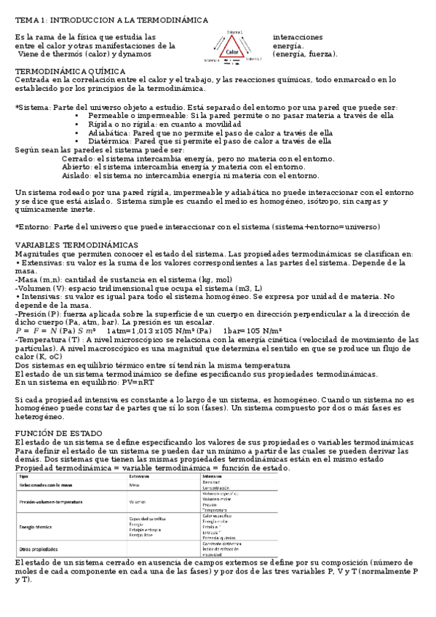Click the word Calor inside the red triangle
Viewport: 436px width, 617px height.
pos(232,52)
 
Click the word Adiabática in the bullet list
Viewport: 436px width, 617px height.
pos(110,133)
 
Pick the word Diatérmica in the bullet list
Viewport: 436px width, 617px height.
pos(110,142)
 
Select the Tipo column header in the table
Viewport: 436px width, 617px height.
pos(23,477)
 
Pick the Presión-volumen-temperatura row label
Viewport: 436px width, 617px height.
pos(50,502)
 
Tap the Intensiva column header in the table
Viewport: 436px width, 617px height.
pos(212,477)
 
